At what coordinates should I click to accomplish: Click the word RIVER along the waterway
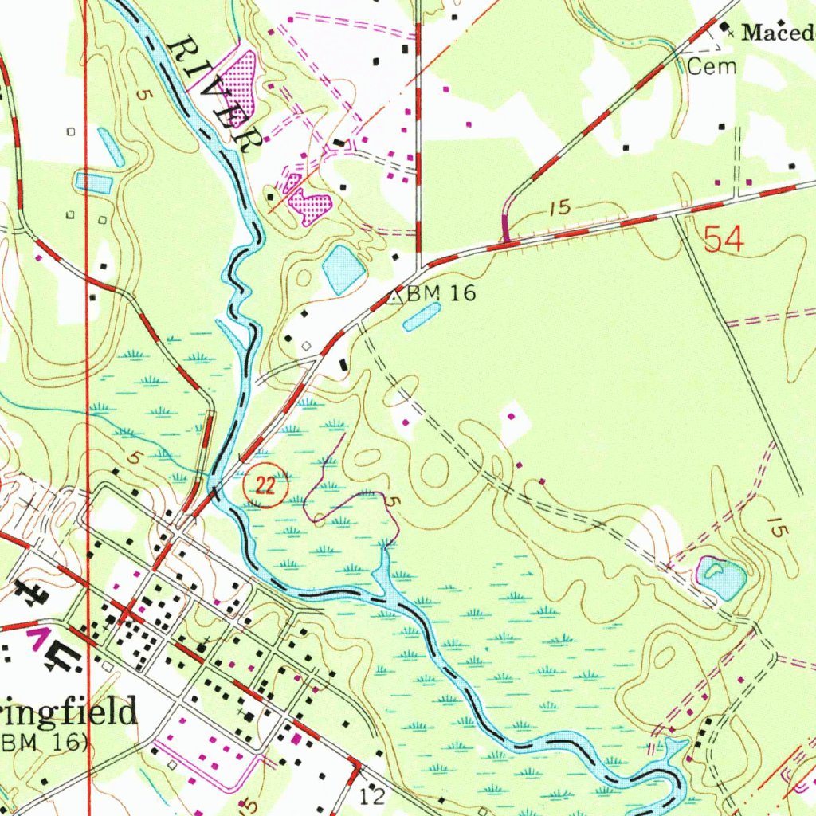click(x=215, y=94)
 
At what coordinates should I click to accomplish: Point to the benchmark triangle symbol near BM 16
click(x=394, y=298)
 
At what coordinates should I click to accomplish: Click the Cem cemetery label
click(x=711, y=67)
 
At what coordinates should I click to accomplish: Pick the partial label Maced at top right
click(x=777, y=33)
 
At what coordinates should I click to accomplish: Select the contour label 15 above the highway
click(x=560, y=208)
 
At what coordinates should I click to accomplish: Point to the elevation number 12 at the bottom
click(x=371, y=795)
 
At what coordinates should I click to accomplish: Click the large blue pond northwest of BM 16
click(x=343, y=269)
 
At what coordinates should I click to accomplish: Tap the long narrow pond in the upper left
click(x=111, y=147)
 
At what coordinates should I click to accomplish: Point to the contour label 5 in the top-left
click(x=142, y=94)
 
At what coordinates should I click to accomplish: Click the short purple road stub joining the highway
click(x=504, y=225)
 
